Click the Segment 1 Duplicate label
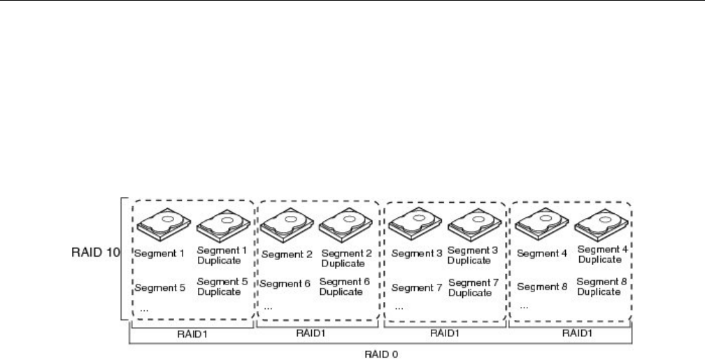coord(219,254)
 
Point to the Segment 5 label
coord(159,287)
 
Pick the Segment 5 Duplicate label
coord(219,287)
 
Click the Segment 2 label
coord(285,254)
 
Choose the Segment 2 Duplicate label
coord(343,259)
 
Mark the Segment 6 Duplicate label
coord(343,287)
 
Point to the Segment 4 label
coord(541,254)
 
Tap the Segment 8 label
coord(541,287)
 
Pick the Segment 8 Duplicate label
coord(599,287)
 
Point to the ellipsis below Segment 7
coord(399,307)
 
